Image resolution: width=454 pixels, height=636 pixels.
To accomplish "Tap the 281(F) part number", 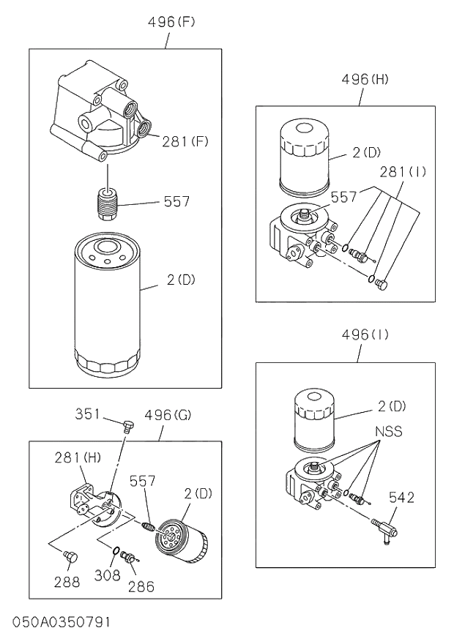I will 185,141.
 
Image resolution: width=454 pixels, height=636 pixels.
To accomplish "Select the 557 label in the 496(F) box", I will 176,201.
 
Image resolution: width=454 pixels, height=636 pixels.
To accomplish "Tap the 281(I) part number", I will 402,173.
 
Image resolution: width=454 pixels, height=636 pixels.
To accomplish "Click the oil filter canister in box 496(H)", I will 303,160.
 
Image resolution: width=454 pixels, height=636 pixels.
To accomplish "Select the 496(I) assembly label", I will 364,335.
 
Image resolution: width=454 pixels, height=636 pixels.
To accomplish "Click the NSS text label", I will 388,431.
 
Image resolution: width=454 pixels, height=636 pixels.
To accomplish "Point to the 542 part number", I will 401,498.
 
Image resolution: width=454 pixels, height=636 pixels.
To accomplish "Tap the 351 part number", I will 89,414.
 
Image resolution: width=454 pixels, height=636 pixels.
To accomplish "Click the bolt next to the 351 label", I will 127,426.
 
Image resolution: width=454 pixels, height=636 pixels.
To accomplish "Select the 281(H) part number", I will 78,458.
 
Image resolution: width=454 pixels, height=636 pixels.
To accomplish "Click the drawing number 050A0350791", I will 61,622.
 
